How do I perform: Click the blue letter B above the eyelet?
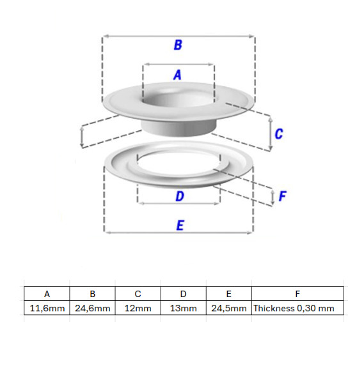(178, 45)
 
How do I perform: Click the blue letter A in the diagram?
(177, 75)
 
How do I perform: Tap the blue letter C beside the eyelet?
(279, 134)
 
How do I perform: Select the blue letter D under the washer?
(180, 196)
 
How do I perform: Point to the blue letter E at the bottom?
(180, 226)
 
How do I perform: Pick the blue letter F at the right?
(282, 196)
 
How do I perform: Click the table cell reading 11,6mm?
(47, 308)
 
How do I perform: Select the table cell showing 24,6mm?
(93, 308)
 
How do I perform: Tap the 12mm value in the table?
(138, 308)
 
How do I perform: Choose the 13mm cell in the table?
(184, 308)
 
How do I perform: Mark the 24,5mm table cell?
(229, 308)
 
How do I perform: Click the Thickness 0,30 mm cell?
(297, 308)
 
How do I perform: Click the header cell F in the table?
(297, 294)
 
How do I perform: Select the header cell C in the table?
(138, 294)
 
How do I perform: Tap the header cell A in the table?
(47, 294)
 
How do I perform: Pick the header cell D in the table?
(184, 294)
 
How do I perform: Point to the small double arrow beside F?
(273, 197)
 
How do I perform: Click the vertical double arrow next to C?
(271, 133)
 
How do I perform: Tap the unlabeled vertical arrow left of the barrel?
(82, 137)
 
